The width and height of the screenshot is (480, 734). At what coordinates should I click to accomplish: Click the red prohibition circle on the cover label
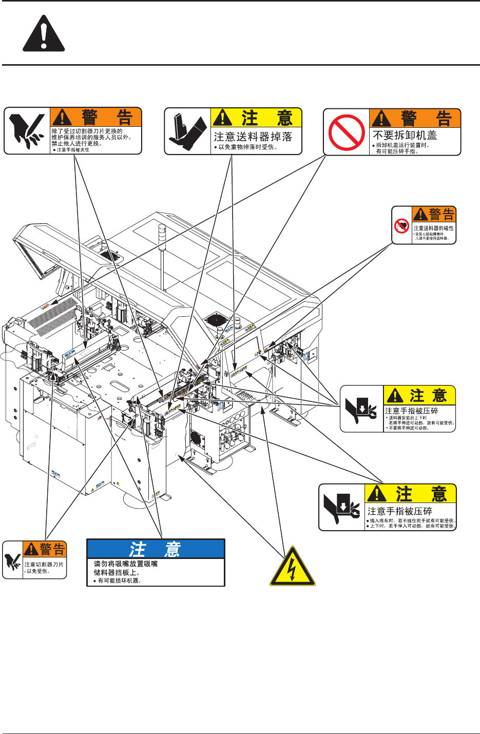tap(347, 132)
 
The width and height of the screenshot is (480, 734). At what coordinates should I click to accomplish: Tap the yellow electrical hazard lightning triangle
tap(293, 567)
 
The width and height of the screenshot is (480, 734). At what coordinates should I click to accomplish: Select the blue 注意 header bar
tap(156, 549)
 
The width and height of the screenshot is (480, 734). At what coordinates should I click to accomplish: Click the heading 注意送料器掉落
tap(253, 137)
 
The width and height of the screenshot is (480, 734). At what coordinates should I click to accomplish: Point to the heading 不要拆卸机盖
tap(405, 136)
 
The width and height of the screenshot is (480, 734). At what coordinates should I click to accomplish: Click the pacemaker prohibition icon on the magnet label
tap(401, 225)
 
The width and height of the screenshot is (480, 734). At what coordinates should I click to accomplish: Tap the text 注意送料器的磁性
tap(433, 228)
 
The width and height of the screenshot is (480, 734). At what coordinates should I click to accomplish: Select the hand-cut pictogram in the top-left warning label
tap(27, 131)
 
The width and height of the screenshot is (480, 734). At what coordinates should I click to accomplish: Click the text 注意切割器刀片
tap(44, 565)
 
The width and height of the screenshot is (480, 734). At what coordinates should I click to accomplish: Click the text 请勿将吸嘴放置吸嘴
tap(126, 564)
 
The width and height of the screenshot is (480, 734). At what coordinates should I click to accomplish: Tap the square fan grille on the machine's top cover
tap(216, 319)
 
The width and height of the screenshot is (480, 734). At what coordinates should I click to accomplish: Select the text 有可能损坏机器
tap(119, 581)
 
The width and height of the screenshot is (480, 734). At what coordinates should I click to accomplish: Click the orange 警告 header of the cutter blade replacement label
tap(96, 117)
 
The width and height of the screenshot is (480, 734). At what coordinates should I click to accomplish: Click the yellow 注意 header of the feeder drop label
tap(257, 118)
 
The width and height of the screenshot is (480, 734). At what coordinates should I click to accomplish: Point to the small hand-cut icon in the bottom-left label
tap(13, 560)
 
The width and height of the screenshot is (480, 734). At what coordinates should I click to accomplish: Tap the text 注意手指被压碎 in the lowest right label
tap(399, 511)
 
